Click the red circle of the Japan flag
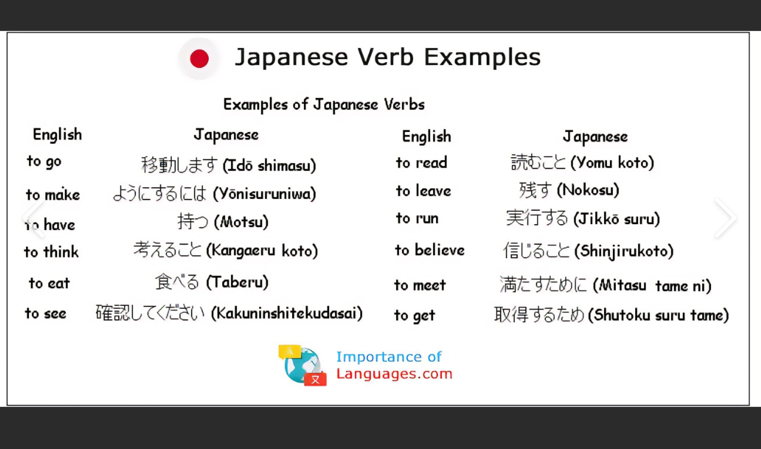199,59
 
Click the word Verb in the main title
385,57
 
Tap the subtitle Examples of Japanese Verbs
324,105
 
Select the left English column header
57,134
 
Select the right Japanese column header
595,137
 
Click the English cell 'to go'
44,161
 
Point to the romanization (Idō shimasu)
269,165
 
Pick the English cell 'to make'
53,195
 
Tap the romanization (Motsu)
241,222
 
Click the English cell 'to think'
51,252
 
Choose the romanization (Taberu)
237,282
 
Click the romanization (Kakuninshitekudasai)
286,313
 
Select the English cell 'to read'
421,163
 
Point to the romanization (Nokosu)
588,190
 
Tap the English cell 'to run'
417,218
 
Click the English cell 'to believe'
430,250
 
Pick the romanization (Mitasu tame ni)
652,285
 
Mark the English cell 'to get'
415,316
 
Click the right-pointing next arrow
726,218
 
